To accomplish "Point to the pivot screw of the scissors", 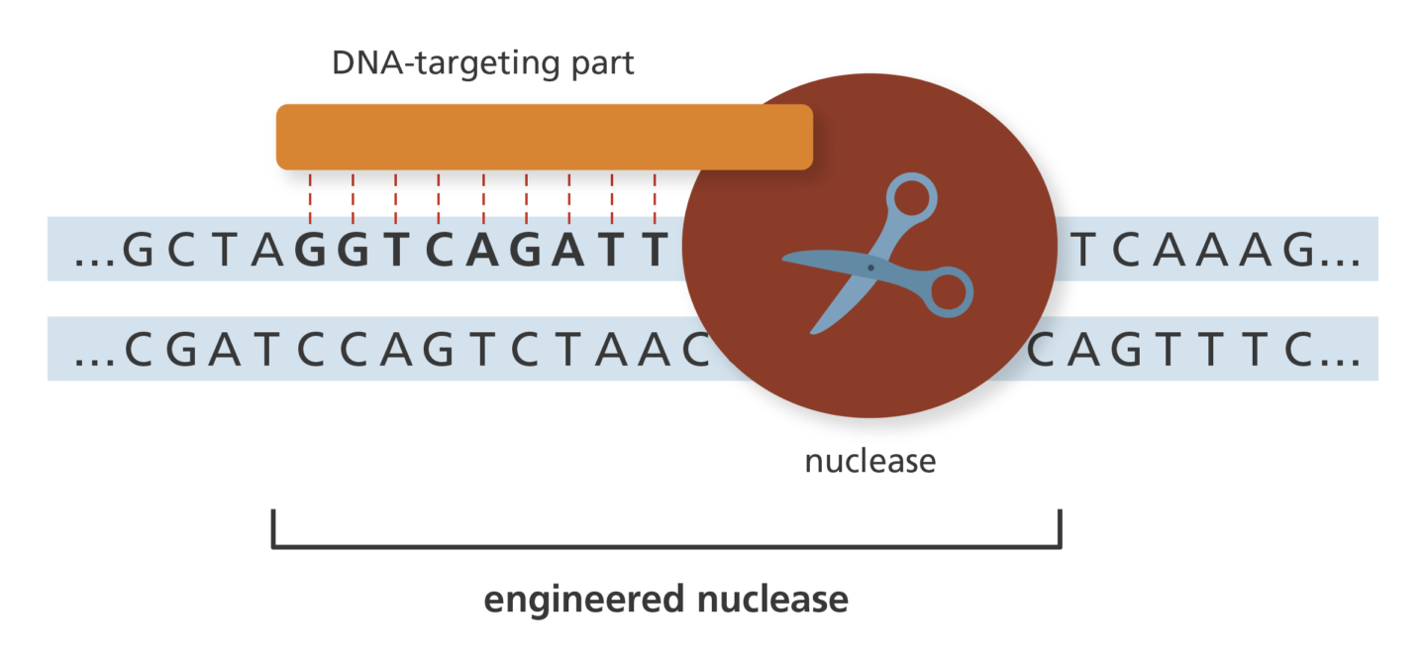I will (870, 268).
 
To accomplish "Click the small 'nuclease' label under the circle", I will (869, 461).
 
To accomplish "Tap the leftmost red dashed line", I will (310, 198).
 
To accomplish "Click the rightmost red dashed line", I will (655, 198).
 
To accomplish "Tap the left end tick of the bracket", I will (273, 527).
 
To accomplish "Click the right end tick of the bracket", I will (1060, 527).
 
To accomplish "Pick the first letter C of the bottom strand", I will (139, 349).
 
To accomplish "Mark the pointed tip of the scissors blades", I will (784, 260).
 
